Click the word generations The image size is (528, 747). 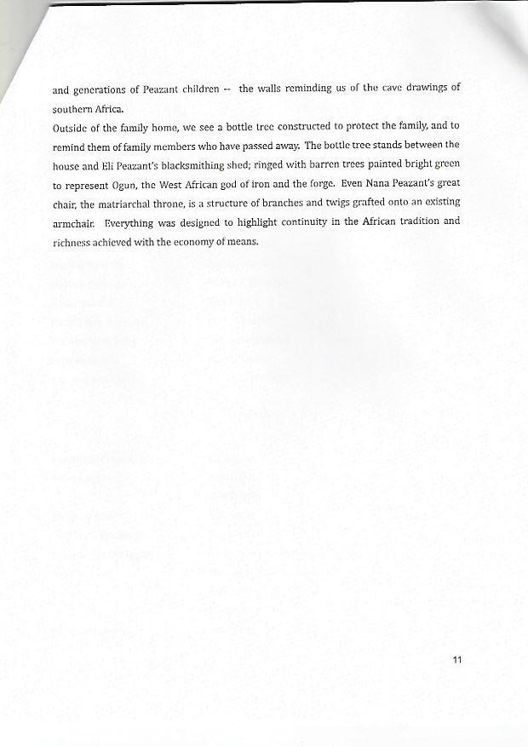click(x=100, y=89)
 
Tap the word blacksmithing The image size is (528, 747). click(x=197, y=164)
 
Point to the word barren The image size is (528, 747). click(x=336, y=164)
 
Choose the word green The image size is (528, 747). click(x=445, y=164)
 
